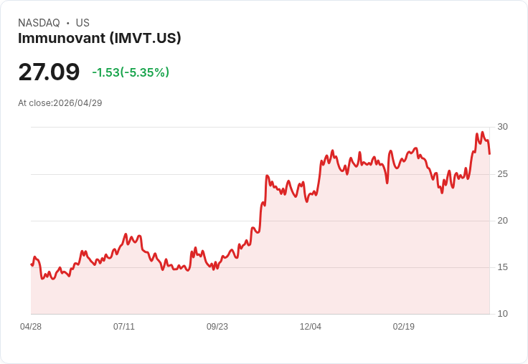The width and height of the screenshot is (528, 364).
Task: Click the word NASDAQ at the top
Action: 39,23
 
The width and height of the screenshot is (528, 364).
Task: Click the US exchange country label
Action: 82,23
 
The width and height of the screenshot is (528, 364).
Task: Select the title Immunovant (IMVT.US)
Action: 100,38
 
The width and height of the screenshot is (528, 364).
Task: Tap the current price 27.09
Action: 49,72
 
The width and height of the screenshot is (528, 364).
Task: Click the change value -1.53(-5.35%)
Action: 131,72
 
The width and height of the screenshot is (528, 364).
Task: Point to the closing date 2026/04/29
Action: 77,103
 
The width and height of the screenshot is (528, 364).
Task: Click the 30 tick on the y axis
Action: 502,127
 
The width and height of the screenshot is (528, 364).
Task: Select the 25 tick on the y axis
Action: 502,174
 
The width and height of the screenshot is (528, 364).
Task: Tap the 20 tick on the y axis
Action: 502,221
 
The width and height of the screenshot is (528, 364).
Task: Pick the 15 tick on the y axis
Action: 502,267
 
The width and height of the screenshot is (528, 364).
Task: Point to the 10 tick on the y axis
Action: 502,314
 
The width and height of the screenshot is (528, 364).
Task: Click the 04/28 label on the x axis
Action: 31,327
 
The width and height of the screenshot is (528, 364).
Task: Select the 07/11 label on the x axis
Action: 124,327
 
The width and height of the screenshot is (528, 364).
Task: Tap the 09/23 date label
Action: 217,327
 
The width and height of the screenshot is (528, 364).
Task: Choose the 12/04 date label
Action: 311,327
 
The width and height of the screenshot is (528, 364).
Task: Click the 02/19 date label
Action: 404,327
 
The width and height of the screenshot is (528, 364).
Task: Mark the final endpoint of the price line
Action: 489,154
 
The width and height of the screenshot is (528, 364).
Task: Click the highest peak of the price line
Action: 483,133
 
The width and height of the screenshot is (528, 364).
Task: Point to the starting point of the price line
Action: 32,264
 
